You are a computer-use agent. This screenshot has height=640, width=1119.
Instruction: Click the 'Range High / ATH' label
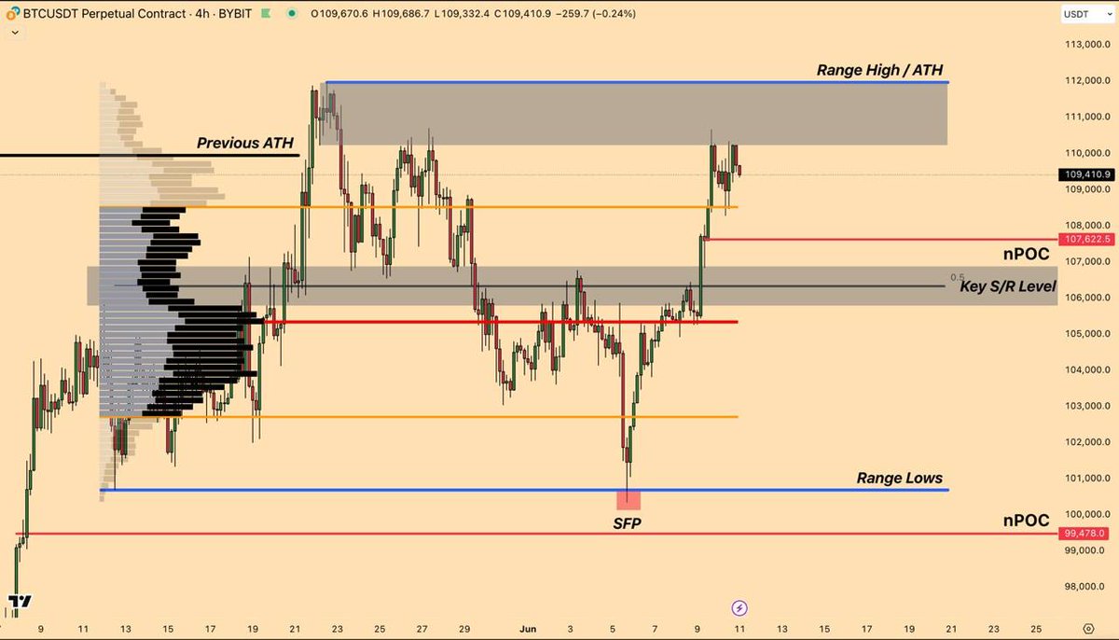click(881, 70)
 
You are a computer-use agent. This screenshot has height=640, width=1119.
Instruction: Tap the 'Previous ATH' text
click(244, 144)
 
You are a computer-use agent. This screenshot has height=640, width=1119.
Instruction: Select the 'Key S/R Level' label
click(1007, 286)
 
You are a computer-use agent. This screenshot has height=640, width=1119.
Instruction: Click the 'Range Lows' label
click(899, 479)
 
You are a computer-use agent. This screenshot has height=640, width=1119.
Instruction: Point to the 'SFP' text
click(627, 523)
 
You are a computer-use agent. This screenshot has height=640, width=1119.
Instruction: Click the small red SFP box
click(628, 500)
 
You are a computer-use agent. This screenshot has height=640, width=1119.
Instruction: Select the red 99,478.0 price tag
click(1086, 534)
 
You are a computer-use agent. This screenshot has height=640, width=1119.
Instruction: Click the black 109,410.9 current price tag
click(1086, 174)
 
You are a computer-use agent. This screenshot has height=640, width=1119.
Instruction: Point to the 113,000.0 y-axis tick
click(1086, 45)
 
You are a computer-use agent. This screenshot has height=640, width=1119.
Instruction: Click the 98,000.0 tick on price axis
click(1086, 587)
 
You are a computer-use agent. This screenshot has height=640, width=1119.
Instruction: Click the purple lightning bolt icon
click(739, 608)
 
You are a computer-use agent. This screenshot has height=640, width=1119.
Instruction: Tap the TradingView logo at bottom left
click(18, 602)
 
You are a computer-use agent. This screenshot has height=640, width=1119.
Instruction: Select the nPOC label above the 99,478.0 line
click(1026, 520)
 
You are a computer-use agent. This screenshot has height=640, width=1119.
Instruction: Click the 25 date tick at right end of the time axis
click(1037, 629)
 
